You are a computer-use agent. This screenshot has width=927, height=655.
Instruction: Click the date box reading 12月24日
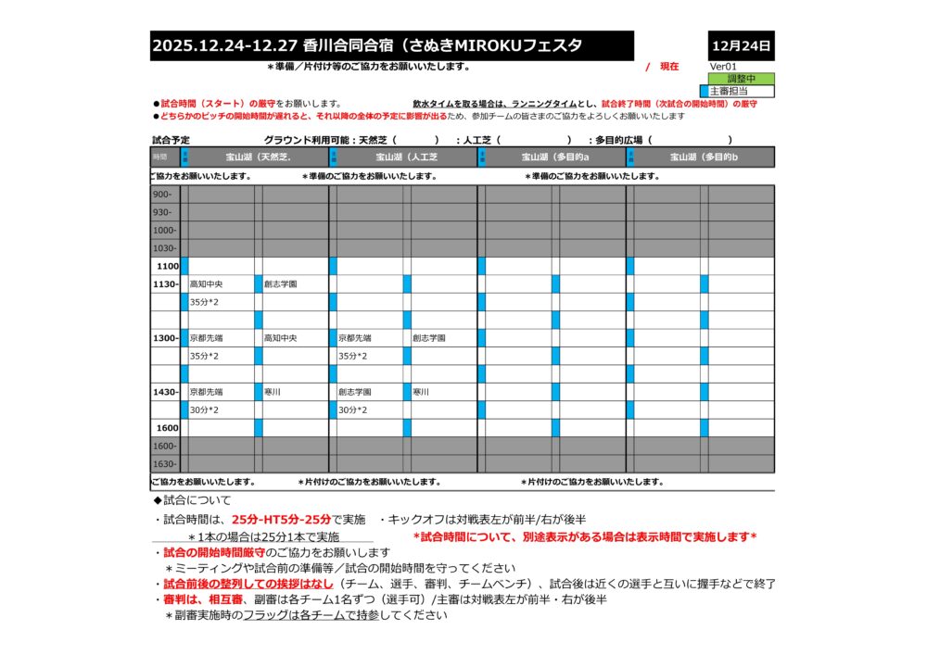(x=741, y=45)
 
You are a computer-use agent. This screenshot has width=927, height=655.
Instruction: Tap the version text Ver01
(x=723, y=67)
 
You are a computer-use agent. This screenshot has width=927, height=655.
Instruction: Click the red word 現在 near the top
(x=668, y=67)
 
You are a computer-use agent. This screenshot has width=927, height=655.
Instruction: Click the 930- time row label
(x=162, y=212)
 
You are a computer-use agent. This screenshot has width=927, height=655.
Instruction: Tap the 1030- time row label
(x=164, y=248)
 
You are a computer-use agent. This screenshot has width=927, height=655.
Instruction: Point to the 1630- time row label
(x=164, y=463)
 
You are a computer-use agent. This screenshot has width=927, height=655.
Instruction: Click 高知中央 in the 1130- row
(x=206, y=284)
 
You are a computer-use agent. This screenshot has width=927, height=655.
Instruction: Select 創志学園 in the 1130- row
(x=281, y=284)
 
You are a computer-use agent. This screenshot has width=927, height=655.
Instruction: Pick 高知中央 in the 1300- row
(x=281, y=338)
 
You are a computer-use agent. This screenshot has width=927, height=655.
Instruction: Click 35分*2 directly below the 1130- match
(x=204, y=302)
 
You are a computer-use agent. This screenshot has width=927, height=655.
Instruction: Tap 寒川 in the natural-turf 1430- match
(x=273, y=392)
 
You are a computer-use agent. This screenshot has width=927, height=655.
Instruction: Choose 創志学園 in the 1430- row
(x=354, y=392)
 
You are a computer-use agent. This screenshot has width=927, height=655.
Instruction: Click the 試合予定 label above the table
(x=171, y=140)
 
